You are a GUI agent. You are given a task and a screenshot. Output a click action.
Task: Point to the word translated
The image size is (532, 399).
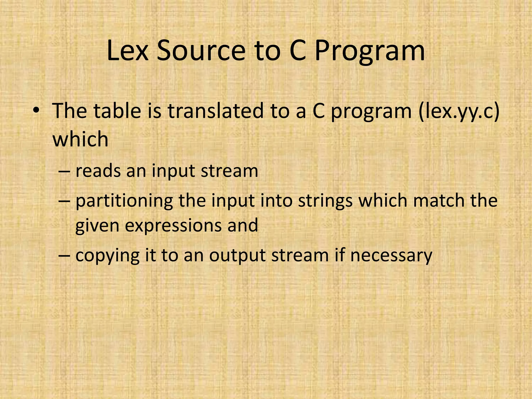216,111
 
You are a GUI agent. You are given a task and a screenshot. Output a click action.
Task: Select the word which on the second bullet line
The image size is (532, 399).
80,139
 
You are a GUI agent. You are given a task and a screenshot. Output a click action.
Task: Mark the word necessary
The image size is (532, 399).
391,256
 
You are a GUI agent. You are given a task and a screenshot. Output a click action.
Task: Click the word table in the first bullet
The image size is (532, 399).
117,111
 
